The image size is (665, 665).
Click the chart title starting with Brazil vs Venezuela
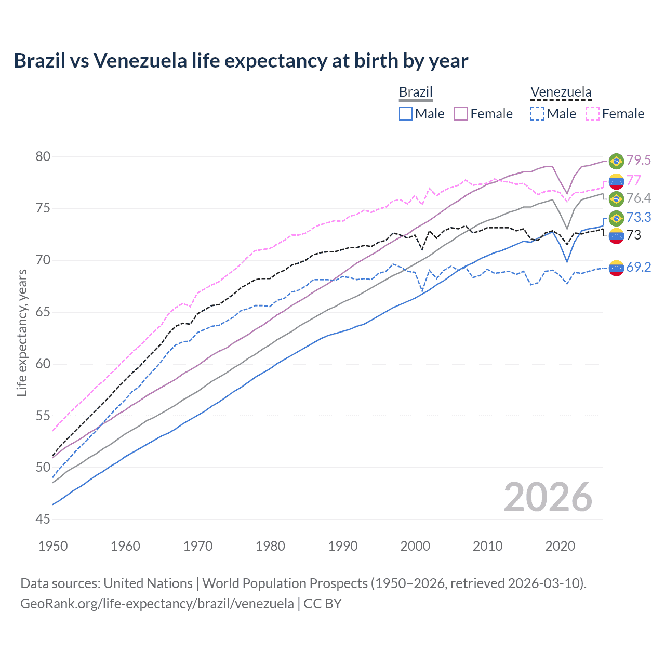[241, 61]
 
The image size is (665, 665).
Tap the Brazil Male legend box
[406, 114]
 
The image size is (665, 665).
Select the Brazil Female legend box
[461, 114]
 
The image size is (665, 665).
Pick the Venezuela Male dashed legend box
[537, 114]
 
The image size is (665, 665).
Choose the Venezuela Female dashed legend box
[593, 114]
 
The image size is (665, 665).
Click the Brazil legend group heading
[416, 92]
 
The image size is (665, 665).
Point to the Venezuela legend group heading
[561, 92]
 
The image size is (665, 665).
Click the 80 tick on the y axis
[43, 156]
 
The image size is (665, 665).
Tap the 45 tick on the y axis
[43, 519]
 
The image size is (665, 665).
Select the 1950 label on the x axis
[53, 546]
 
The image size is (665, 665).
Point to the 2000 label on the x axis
[415, 546]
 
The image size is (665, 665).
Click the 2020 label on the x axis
[560, 546]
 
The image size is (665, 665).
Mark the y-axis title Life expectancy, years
[22, 332]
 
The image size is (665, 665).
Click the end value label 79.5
[639, 161]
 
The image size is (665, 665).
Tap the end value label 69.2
[639, 267]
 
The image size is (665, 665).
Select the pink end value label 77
[633, 180]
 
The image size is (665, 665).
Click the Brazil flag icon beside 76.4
[616, 198]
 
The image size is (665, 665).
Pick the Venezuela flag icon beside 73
[616, 236]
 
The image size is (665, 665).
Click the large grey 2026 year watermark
[548, 497]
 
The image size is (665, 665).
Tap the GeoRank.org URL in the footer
[157, 604]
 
